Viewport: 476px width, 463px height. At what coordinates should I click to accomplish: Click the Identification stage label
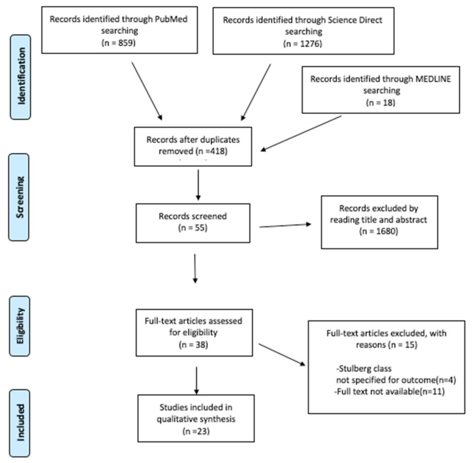20,77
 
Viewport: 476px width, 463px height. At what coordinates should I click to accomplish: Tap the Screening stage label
19,198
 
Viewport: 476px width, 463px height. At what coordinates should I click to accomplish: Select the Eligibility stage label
20,326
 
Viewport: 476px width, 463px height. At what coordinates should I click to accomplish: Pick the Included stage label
20,423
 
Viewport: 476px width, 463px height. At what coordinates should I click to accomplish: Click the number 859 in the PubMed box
126,43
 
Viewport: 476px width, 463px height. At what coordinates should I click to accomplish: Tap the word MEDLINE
433,79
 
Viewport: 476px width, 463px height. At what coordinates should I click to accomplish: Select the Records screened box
193,223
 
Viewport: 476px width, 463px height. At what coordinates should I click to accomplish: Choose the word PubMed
171,19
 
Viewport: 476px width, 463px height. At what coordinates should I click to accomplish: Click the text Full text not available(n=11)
390,391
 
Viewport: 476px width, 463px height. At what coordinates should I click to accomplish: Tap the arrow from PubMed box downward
147,91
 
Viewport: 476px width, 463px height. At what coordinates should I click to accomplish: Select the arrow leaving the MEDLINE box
301,133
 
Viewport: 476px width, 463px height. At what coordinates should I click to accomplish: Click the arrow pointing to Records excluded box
285,226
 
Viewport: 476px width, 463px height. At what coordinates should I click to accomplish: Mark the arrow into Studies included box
197,380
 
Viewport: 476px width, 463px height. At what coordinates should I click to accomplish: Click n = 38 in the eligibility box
194,345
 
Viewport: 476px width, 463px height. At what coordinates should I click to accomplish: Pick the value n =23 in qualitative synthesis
197,431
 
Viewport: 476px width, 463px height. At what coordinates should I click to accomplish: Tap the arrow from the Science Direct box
255,92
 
